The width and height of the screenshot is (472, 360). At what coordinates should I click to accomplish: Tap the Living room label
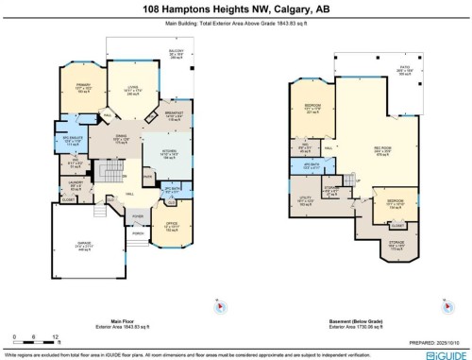click(129, 93)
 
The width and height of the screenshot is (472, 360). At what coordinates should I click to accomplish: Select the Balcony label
click(176, 54)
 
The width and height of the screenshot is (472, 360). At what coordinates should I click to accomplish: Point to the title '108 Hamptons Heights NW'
click(235, 9)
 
